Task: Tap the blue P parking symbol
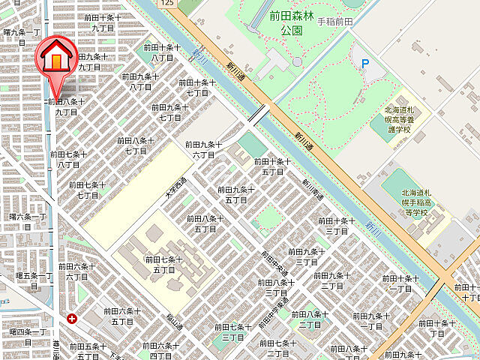click(x=365, y=64)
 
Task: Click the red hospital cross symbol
click(x=72, y=318)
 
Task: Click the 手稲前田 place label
click(x=335, y=22)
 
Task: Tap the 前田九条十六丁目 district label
click(x=203, y=149)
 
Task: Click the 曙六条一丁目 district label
click(x=27, y=221)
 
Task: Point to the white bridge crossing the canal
click(x=257, y=115)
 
